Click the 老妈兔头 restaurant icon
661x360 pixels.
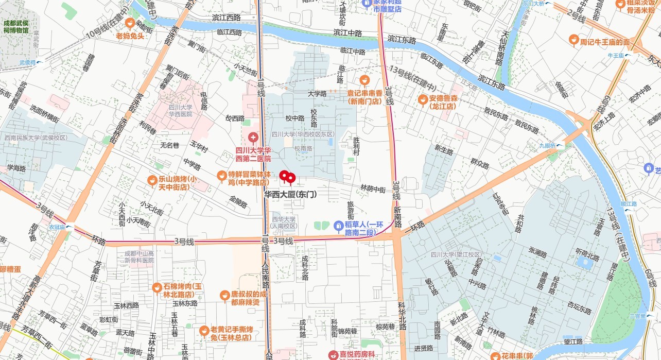point(130,23)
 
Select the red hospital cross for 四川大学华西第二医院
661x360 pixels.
point(253,138)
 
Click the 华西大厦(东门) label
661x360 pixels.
point(290,195)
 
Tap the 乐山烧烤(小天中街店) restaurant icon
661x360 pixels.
point(152,180)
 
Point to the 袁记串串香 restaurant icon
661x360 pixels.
point(364,80)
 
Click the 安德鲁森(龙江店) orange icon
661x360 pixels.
point(423,99)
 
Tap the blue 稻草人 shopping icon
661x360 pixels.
point(338,225)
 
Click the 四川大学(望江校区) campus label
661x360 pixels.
point(456,255)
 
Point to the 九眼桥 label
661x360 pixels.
point(548,146)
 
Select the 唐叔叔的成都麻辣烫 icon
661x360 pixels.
point(224,295)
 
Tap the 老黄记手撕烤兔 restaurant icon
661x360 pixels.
point(204,330)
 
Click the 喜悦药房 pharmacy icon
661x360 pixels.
point(333,355)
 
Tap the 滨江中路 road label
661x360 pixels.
point(347,32)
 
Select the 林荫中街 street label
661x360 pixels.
point(373,189)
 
